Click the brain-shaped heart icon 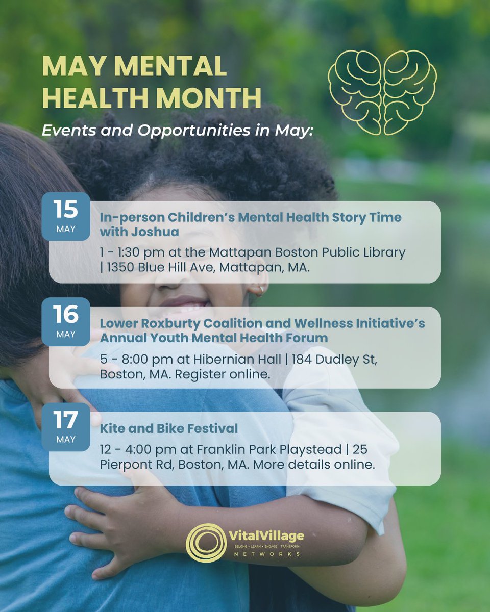pyautogui.click(x=382, y=92)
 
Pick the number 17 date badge pyautogui.click(x=66, y=426)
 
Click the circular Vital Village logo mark pyautogui.click(x=206, y=543)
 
